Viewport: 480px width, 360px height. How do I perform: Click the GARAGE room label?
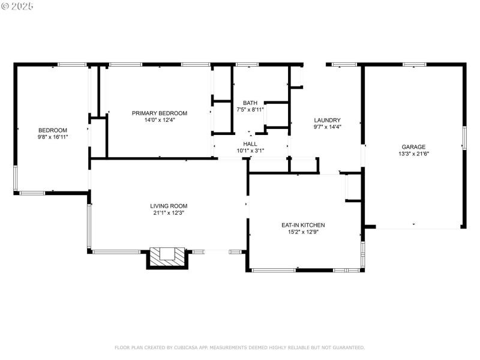click(x=413, y=147)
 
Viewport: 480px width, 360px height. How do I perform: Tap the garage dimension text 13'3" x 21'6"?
click(x=413, y=154)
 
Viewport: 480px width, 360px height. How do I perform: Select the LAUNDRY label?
click(x=327, y=120)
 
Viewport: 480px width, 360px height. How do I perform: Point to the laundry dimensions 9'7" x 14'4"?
click(x=327, y=127)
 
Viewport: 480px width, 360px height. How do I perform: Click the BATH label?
click(x=250, y=103)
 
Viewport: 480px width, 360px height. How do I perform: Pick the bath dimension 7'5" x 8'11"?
click(x=250, y=110)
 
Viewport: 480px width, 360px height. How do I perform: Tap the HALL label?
click(x=250, y=144)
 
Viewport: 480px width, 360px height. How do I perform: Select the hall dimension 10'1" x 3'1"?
click(x=250, y=151)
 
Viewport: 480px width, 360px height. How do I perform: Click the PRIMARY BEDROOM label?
click(x=160, y=113)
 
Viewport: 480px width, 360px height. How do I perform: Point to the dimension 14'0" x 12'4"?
click(x=160, y=120)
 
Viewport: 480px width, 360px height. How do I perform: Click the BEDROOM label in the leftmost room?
click(x=53, y=130)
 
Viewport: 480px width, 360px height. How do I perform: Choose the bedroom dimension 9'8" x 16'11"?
click(x=53, y=137)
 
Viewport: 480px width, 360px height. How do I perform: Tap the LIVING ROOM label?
click(x=168, y=206)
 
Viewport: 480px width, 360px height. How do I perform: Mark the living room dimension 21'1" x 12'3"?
click(x=168, y=213)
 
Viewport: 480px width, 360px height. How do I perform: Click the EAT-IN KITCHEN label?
click(x=303, y=225)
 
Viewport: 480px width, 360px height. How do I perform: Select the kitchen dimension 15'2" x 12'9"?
click(x=303, y=232)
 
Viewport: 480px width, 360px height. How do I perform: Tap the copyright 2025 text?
click(x=17, y=5)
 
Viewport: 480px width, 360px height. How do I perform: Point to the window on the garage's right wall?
click(x=463, y=137)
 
